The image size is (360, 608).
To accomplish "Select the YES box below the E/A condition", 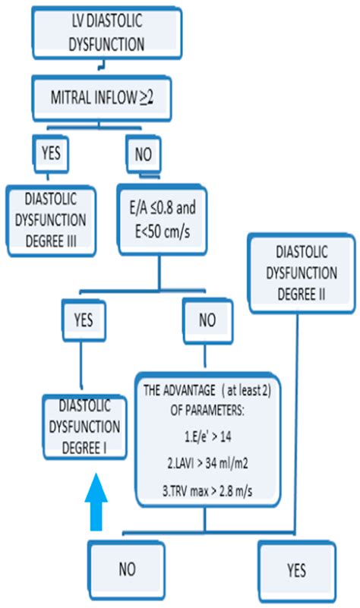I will [x=81, y=320].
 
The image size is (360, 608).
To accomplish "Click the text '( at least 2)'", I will [x=245, y=391].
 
